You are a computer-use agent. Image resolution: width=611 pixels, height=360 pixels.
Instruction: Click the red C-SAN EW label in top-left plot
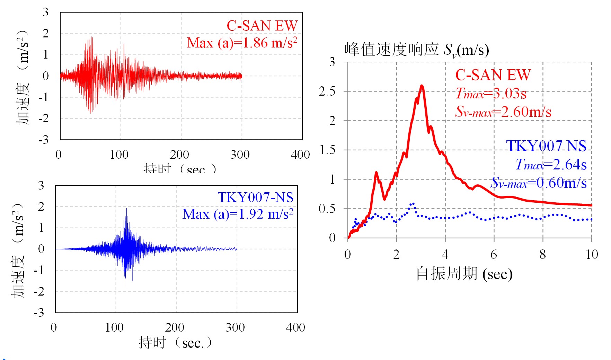[262, 26]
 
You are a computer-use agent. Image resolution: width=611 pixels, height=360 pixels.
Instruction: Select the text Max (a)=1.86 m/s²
[242, 43]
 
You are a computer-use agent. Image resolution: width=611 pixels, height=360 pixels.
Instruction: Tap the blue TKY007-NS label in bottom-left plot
[255, 197]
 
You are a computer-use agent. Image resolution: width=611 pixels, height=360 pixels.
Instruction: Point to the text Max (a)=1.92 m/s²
[238, 214]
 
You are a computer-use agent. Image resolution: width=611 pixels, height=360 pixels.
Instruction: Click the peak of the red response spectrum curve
[422, 86]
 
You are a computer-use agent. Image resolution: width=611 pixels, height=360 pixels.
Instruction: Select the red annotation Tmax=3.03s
[491, 94]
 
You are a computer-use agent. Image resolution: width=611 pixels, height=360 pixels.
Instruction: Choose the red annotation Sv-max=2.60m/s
[503, 112]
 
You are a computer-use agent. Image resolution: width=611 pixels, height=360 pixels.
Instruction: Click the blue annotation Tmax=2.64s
[551, 164]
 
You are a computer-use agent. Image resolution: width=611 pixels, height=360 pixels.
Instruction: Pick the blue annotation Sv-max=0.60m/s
[539, 183]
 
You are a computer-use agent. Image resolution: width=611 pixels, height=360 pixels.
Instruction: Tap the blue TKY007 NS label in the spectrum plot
[546, 146]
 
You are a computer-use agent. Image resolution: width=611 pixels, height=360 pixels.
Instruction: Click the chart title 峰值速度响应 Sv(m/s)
[416, 50]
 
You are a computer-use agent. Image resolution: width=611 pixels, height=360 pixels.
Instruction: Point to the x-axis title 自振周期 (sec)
[464, 274]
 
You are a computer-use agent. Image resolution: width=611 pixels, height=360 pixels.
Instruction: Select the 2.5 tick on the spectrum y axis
[327, 91]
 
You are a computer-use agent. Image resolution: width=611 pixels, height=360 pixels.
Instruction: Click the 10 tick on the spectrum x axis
[592, 255]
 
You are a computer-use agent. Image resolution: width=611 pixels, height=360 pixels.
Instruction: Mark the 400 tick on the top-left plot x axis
[300, 155]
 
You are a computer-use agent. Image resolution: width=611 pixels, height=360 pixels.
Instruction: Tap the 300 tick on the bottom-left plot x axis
[235, 327]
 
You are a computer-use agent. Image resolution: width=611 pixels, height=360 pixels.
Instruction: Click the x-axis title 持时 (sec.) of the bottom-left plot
[175, 343]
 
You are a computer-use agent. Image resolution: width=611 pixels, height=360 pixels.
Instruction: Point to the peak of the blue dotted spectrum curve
[413, 204]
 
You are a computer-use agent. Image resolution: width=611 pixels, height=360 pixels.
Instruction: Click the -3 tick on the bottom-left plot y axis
[39, 313]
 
